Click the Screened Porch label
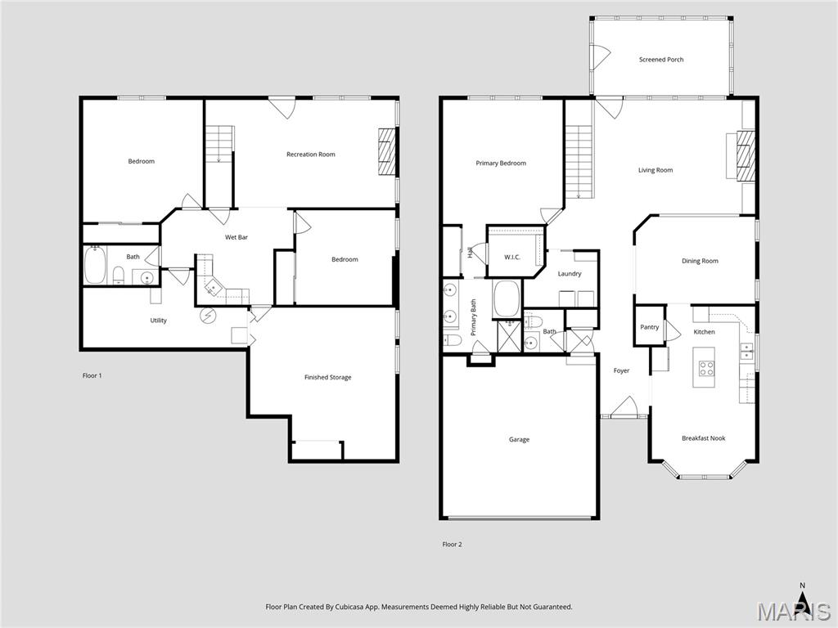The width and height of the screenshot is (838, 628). pos(661,60)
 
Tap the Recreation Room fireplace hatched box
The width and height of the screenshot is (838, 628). pos(387,151)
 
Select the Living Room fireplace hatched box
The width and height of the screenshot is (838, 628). pos(746,155)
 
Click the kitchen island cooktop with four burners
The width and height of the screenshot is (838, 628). pos(706,368)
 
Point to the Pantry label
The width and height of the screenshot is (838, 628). pos(649,327)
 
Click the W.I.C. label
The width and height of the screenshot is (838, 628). pos(512,258)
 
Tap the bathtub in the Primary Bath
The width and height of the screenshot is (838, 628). pos(506,299)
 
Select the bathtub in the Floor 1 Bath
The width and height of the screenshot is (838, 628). pos(95,264)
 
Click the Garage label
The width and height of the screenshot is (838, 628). pos(519,440)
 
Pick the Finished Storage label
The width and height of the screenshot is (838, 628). pos(327,378)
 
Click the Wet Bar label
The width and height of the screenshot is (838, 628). pos(237,237)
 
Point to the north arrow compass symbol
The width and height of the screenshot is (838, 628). pos(802,599)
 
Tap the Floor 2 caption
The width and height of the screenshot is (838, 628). pos(452,545)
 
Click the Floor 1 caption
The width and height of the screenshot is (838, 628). pos(92,376)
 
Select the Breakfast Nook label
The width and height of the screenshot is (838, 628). pos(703,438)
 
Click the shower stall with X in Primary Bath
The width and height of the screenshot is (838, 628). pos(508,336)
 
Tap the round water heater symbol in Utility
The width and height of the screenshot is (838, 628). pos(208,316)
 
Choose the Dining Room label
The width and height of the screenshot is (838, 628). pos(700,261)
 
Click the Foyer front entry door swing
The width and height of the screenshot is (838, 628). pos(623,406)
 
